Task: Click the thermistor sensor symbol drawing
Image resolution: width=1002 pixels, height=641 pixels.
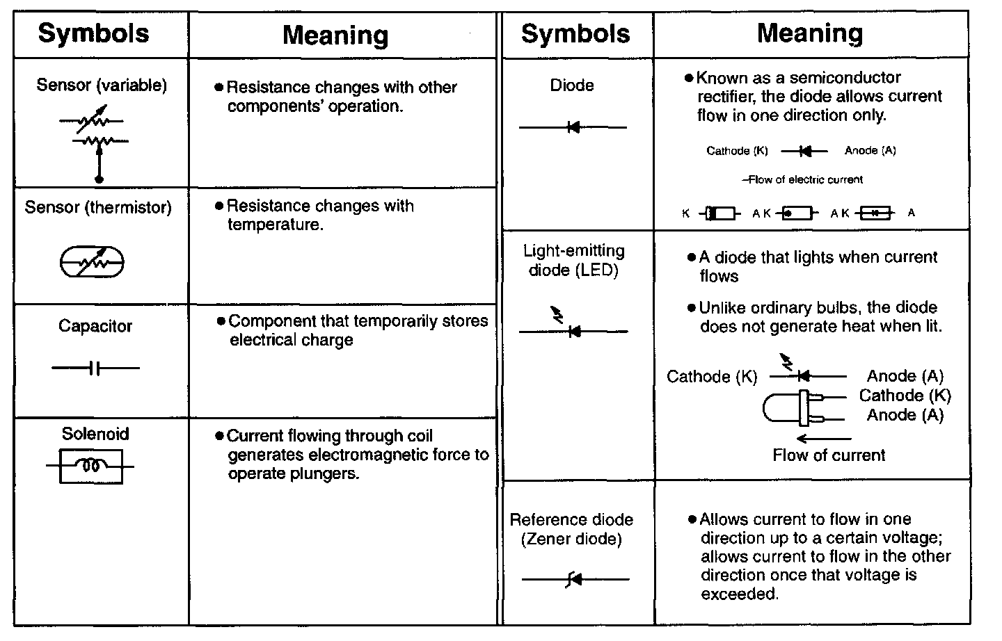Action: [92, 262]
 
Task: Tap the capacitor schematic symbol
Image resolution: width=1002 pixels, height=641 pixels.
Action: [95, 368]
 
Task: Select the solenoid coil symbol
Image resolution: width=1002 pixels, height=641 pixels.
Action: [91, 466]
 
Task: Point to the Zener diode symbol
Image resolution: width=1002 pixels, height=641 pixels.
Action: [575, 579]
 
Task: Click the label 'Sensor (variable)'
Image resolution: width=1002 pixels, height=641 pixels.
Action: [102, 86]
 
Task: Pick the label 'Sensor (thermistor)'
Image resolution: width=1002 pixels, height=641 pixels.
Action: [98, 207]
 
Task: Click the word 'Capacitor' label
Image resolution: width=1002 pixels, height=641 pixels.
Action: [95, 326]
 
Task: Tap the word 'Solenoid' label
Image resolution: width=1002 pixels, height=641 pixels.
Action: [95, 434]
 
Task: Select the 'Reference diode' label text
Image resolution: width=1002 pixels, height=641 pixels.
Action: [571, 520]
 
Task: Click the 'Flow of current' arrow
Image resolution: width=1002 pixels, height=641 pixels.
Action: [824, 439]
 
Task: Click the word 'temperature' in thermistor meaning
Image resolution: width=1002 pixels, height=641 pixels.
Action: [275, 225]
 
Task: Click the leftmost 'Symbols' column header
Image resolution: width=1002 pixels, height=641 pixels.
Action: [93, 33]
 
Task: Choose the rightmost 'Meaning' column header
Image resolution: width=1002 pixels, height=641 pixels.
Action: [810, 33]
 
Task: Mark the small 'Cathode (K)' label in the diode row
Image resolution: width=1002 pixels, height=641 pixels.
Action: [738, 151]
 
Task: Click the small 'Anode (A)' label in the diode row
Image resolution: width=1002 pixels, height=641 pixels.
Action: [870, 151]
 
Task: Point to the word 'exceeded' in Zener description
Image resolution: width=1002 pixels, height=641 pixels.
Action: [738, 594]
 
